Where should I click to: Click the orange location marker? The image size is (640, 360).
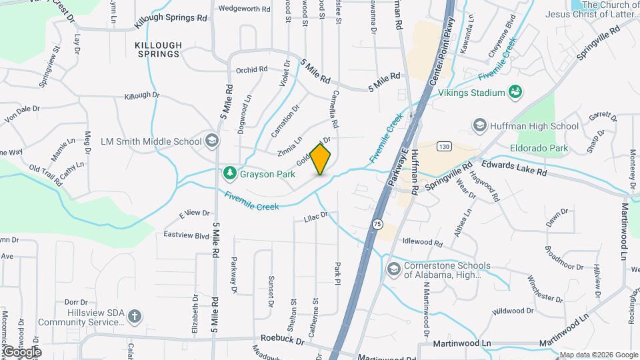click(321, 159)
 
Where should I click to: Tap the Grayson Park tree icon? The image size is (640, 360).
click(230, 173)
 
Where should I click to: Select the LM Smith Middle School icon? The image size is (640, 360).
click(211, 141)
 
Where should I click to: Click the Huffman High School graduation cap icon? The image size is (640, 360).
click(479, 125)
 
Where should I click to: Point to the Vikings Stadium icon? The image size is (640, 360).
click(515, 92)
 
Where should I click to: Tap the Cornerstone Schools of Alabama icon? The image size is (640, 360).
click(393, 269)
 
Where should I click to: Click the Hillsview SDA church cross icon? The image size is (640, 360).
click(135, 316)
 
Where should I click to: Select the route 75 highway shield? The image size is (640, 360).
click(377, 225)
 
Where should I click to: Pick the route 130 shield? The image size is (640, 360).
click(445, 146)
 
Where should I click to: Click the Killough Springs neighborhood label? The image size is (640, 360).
click(158, 49)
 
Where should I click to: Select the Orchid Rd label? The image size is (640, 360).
click(251, 69)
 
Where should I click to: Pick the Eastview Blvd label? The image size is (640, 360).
click(187, 235)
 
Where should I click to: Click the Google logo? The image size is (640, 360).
click(21, 351)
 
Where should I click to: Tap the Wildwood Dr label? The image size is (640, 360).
click(513, 311)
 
